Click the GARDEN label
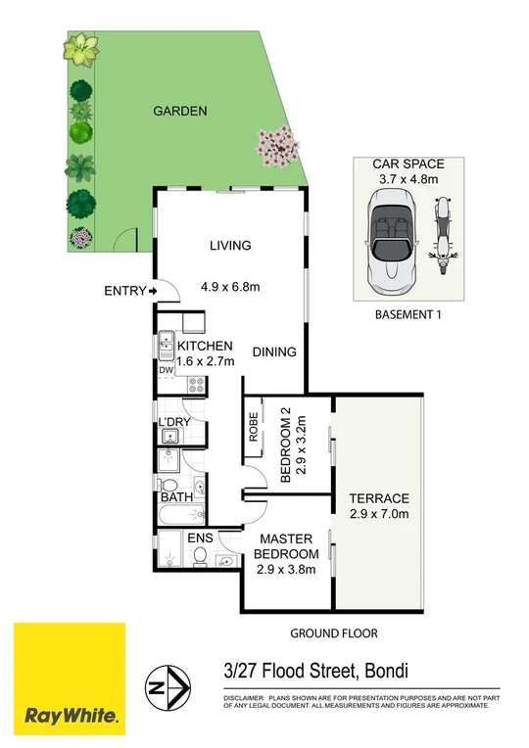click(x=179, y=112)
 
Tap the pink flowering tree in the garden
click(x=279, y=148)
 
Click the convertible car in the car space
click(x=391, y=241)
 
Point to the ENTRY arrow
click(x=153, y=291)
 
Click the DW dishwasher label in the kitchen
click(x=166, y=371)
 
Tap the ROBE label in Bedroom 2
click(x=253, y=428)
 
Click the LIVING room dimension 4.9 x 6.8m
click(x=231, y=287)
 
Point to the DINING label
click(x=274, y=352)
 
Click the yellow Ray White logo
click(x=69, y=678)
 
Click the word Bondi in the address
click(x=384, y=672)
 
